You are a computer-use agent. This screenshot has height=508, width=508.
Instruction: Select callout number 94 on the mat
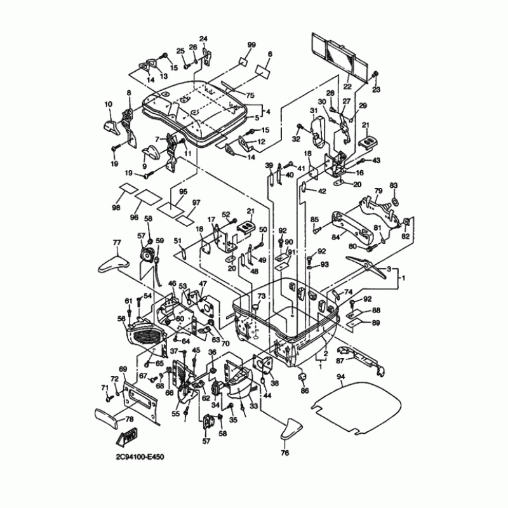[341, 377]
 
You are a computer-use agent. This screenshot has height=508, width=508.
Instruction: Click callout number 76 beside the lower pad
[284, 453]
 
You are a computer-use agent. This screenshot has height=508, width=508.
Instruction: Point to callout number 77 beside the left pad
[117, 243]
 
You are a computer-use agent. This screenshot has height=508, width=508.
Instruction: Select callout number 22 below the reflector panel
[347, 86]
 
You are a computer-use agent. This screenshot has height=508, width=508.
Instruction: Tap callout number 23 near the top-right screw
[376, 90]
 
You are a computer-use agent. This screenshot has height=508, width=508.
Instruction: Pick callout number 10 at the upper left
[108, 104]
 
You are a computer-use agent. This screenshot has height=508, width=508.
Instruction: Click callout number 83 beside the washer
[393, 185]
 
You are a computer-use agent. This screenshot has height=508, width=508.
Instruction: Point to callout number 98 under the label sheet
[116, 208]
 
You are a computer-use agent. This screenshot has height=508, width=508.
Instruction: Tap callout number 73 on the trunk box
[260, 297]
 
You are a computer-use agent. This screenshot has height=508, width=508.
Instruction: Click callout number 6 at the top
[268, 55]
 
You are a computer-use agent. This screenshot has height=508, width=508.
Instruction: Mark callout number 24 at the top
[204, 39]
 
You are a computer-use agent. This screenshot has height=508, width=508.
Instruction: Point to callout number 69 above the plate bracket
[123, 369]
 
